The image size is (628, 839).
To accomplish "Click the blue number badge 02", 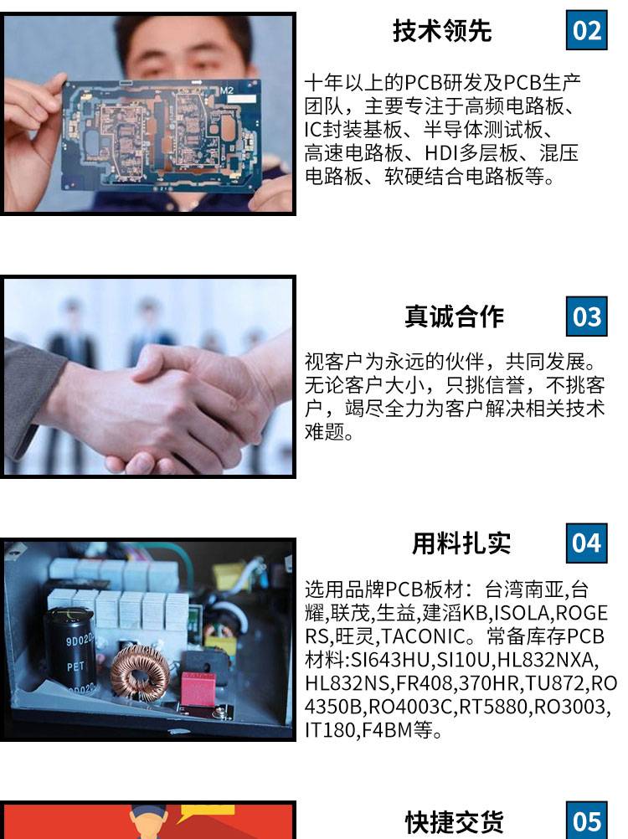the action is tap(586, 30).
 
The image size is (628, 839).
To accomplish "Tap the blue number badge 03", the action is tap(586, 317).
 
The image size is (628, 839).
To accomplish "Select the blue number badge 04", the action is tap(586, 543).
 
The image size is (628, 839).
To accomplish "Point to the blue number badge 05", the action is tap(586, 821).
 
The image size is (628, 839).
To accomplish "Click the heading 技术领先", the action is tap(442, 30).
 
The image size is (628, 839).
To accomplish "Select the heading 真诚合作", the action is tap(454, 317).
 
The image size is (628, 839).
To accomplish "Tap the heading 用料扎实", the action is tap(461, 543).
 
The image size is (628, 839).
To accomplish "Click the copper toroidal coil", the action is tap(141, 669).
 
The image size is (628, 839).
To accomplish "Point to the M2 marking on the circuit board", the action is tap(227, 90).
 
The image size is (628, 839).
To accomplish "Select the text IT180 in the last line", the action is tap(330, 730).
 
